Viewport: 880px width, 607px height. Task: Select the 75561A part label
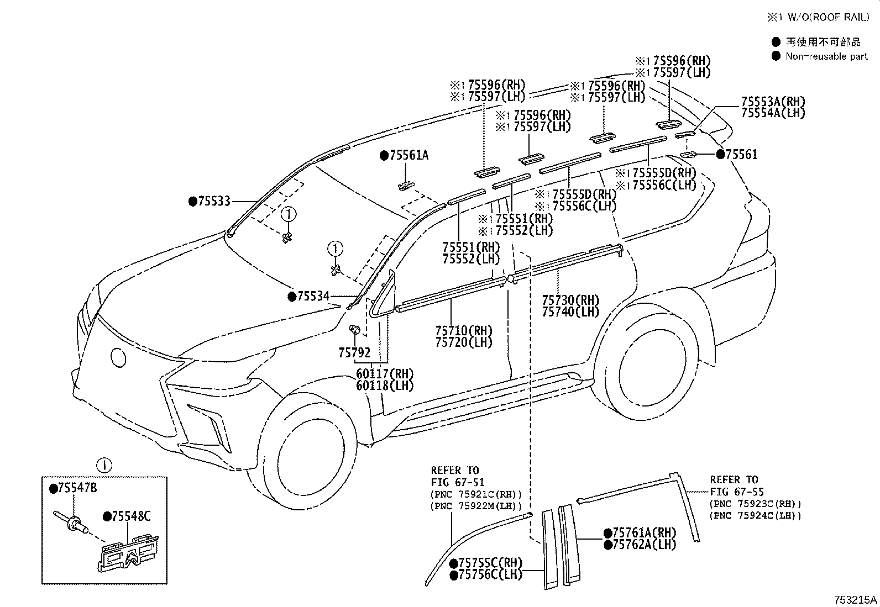[x=408, y=156]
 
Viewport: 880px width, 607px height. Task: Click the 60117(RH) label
[x=385, y=374]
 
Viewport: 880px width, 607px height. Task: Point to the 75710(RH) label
[x=463, y=331]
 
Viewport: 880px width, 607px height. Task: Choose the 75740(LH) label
[x=570, y=312]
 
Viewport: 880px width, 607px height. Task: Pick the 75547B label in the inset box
[x=77, y=488]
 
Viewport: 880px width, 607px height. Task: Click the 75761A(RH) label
[x=643, y=533]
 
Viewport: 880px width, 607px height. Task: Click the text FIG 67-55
[x=737, y=492]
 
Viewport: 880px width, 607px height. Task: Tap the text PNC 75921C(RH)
[x=475, y=494]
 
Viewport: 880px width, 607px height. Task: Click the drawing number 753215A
[x=855, y=599]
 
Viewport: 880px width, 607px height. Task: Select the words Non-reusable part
[x=826, y=56]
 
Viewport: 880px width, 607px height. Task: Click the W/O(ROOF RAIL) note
[x=823, y=18]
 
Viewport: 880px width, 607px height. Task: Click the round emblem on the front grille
[x=119, y=357]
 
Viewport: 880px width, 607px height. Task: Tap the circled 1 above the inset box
[x=105, y=465]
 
